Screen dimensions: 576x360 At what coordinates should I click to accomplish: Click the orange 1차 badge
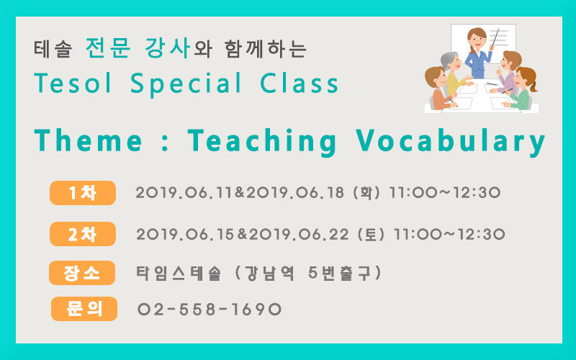(x=83, y=193)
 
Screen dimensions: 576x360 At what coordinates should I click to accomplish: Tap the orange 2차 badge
(x=83, y=234)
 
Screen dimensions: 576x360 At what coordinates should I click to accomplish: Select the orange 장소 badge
(x=82, y=273)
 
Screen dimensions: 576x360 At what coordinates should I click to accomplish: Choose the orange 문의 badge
(x=84, y=309)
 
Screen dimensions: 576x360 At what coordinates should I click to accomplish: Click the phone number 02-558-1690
(x=210, y=310)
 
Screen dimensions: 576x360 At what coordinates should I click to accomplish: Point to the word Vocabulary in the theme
(x=451, y=141)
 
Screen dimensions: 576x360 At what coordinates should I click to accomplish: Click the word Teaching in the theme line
(x=262, y=141)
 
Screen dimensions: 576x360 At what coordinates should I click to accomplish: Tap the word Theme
(x=88, y=140)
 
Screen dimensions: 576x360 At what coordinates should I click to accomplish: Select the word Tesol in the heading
(x=73, y=83)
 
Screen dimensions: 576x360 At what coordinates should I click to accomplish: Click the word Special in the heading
(x=186, y=84)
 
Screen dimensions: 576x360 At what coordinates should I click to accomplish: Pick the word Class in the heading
(x=299, y=83)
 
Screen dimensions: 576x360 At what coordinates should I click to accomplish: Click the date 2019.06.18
(x=295, y=193)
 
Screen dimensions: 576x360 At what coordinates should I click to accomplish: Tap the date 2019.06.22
(x=299, y=235)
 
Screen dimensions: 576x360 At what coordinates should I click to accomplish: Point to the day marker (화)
(x=366, y=193)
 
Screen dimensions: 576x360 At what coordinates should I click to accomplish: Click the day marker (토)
(x=371, y=235)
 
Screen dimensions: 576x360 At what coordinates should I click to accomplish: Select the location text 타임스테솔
(x=179, y=274)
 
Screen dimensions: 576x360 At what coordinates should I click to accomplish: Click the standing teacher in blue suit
(x=479, y=54)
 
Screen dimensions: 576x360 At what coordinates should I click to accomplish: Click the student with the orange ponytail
(x=521, y=89)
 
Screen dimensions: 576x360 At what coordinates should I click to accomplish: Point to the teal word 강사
(x=167, y=48)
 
